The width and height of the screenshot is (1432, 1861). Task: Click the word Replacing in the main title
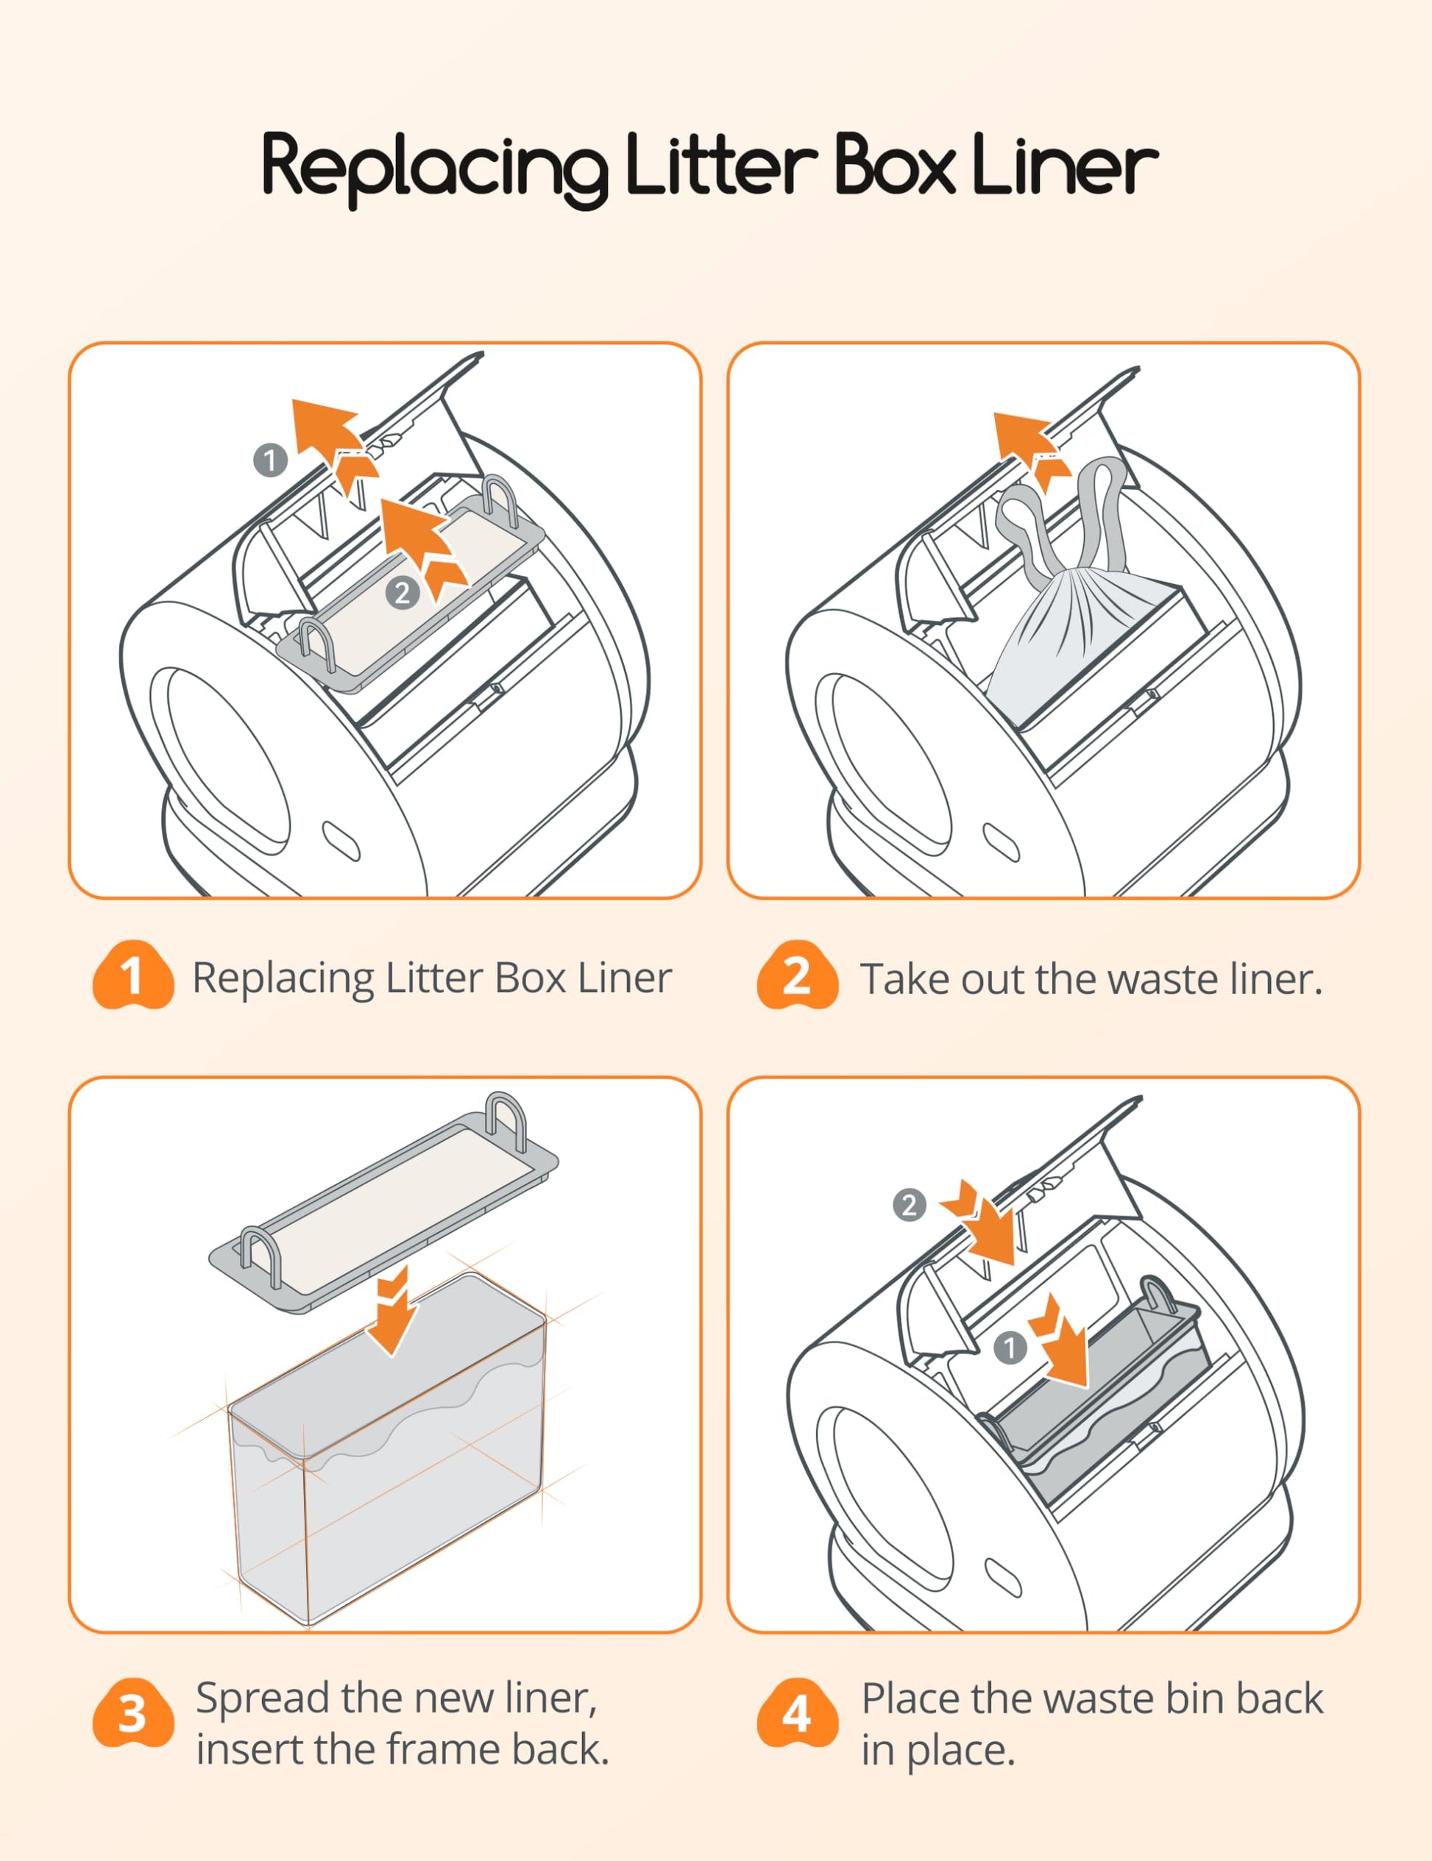(435, 167)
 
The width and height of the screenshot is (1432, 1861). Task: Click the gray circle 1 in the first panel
(270, 461)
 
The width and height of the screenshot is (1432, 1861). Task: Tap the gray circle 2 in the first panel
(403, 592)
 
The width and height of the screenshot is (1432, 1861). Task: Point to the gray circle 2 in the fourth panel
(910, 1205)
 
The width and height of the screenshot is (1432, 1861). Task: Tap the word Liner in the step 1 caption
(625, 978)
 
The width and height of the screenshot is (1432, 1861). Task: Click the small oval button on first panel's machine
(341, 841)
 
